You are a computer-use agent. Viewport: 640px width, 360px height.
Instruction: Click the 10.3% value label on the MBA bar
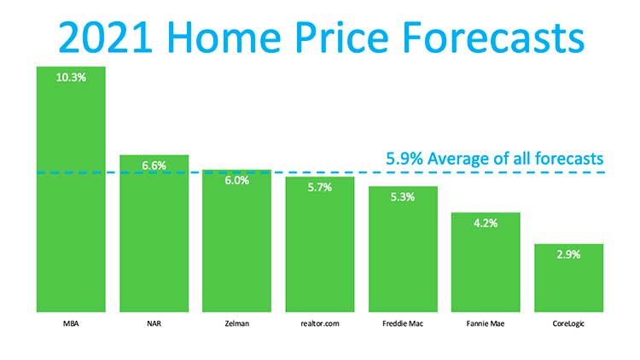pyautogui.click(x=70, y=77)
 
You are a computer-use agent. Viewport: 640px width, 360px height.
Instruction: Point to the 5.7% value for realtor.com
pyautogui.click(x=318, y=188)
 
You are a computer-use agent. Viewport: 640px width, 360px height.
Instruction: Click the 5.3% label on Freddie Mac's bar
pyautogui.click(x=403, y=198)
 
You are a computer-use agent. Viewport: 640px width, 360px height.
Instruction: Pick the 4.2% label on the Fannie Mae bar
pyautogui.click(x=485, y=224)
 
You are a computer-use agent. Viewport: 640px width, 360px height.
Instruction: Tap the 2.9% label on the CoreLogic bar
pyautogui.click(x=568, y=255)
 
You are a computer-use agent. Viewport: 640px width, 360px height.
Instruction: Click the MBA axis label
pyautogui.click(x=70, y=325)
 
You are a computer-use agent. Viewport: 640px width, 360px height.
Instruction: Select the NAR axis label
pyautogui.click(x=153, y=325)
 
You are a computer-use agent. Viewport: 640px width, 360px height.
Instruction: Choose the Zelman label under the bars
pyautogui.click(x=236, y=325)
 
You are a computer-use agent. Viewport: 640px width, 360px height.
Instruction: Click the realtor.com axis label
pyautogui.click(x=319, y=325)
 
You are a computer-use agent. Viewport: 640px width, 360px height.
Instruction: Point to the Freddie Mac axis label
pyautogui.click(x=403, y=325)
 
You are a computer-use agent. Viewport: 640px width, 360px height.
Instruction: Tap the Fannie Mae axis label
pyautogui.click(x=485, y=325)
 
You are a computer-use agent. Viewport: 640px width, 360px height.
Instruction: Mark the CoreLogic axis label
pyautogui.click(x=568, y=325)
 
